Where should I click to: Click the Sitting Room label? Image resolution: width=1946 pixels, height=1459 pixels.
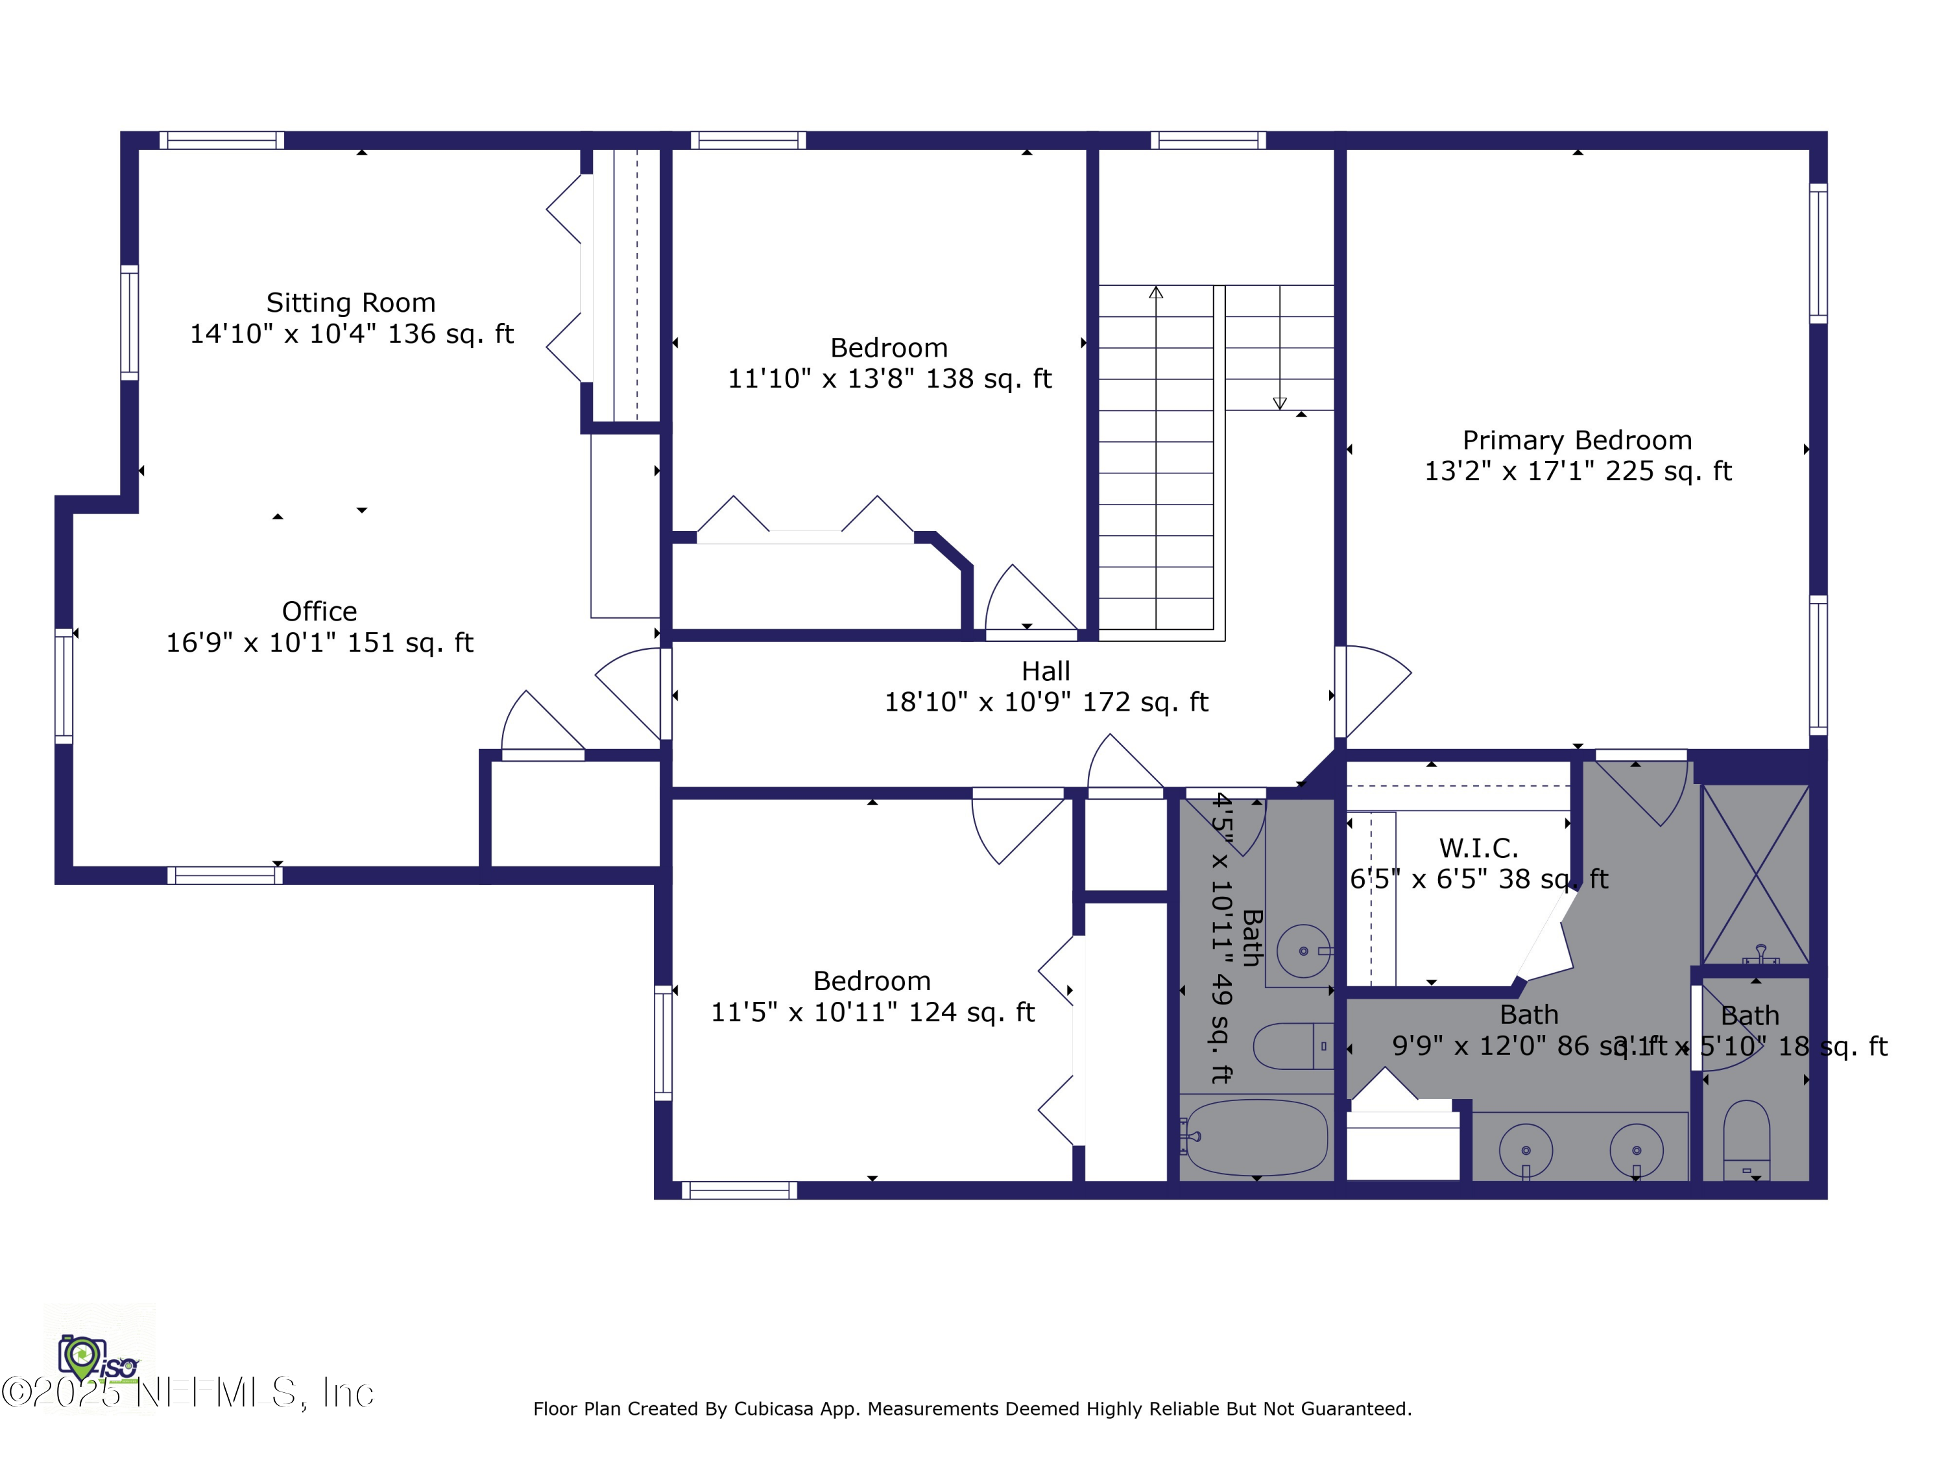pos(350,303)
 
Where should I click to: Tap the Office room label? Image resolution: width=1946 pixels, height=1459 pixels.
pos(319,611)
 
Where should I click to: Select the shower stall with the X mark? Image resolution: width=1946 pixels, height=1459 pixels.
pos(1755,874)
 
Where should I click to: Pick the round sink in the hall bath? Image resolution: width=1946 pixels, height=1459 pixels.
pos(1303,951)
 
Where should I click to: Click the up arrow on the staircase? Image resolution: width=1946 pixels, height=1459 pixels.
pos(1156,294)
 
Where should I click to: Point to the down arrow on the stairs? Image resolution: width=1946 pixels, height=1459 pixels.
pos(1280,402)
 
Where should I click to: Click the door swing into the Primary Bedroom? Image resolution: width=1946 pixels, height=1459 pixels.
pos(1375,691)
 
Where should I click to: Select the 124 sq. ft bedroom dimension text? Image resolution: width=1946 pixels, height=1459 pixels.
pos(872,1012)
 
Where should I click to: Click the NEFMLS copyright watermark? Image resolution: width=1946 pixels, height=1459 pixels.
pos(187,1393)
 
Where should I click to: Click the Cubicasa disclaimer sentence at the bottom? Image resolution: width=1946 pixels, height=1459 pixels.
pos(972,1409)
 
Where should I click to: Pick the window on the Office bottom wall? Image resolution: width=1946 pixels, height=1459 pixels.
pos(224,875)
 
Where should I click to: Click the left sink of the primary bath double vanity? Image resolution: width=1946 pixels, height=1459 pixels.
pos(1526,1150)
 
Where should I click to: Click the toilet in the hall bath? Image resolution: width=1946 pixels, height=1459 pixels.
pos(1293,1047)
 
